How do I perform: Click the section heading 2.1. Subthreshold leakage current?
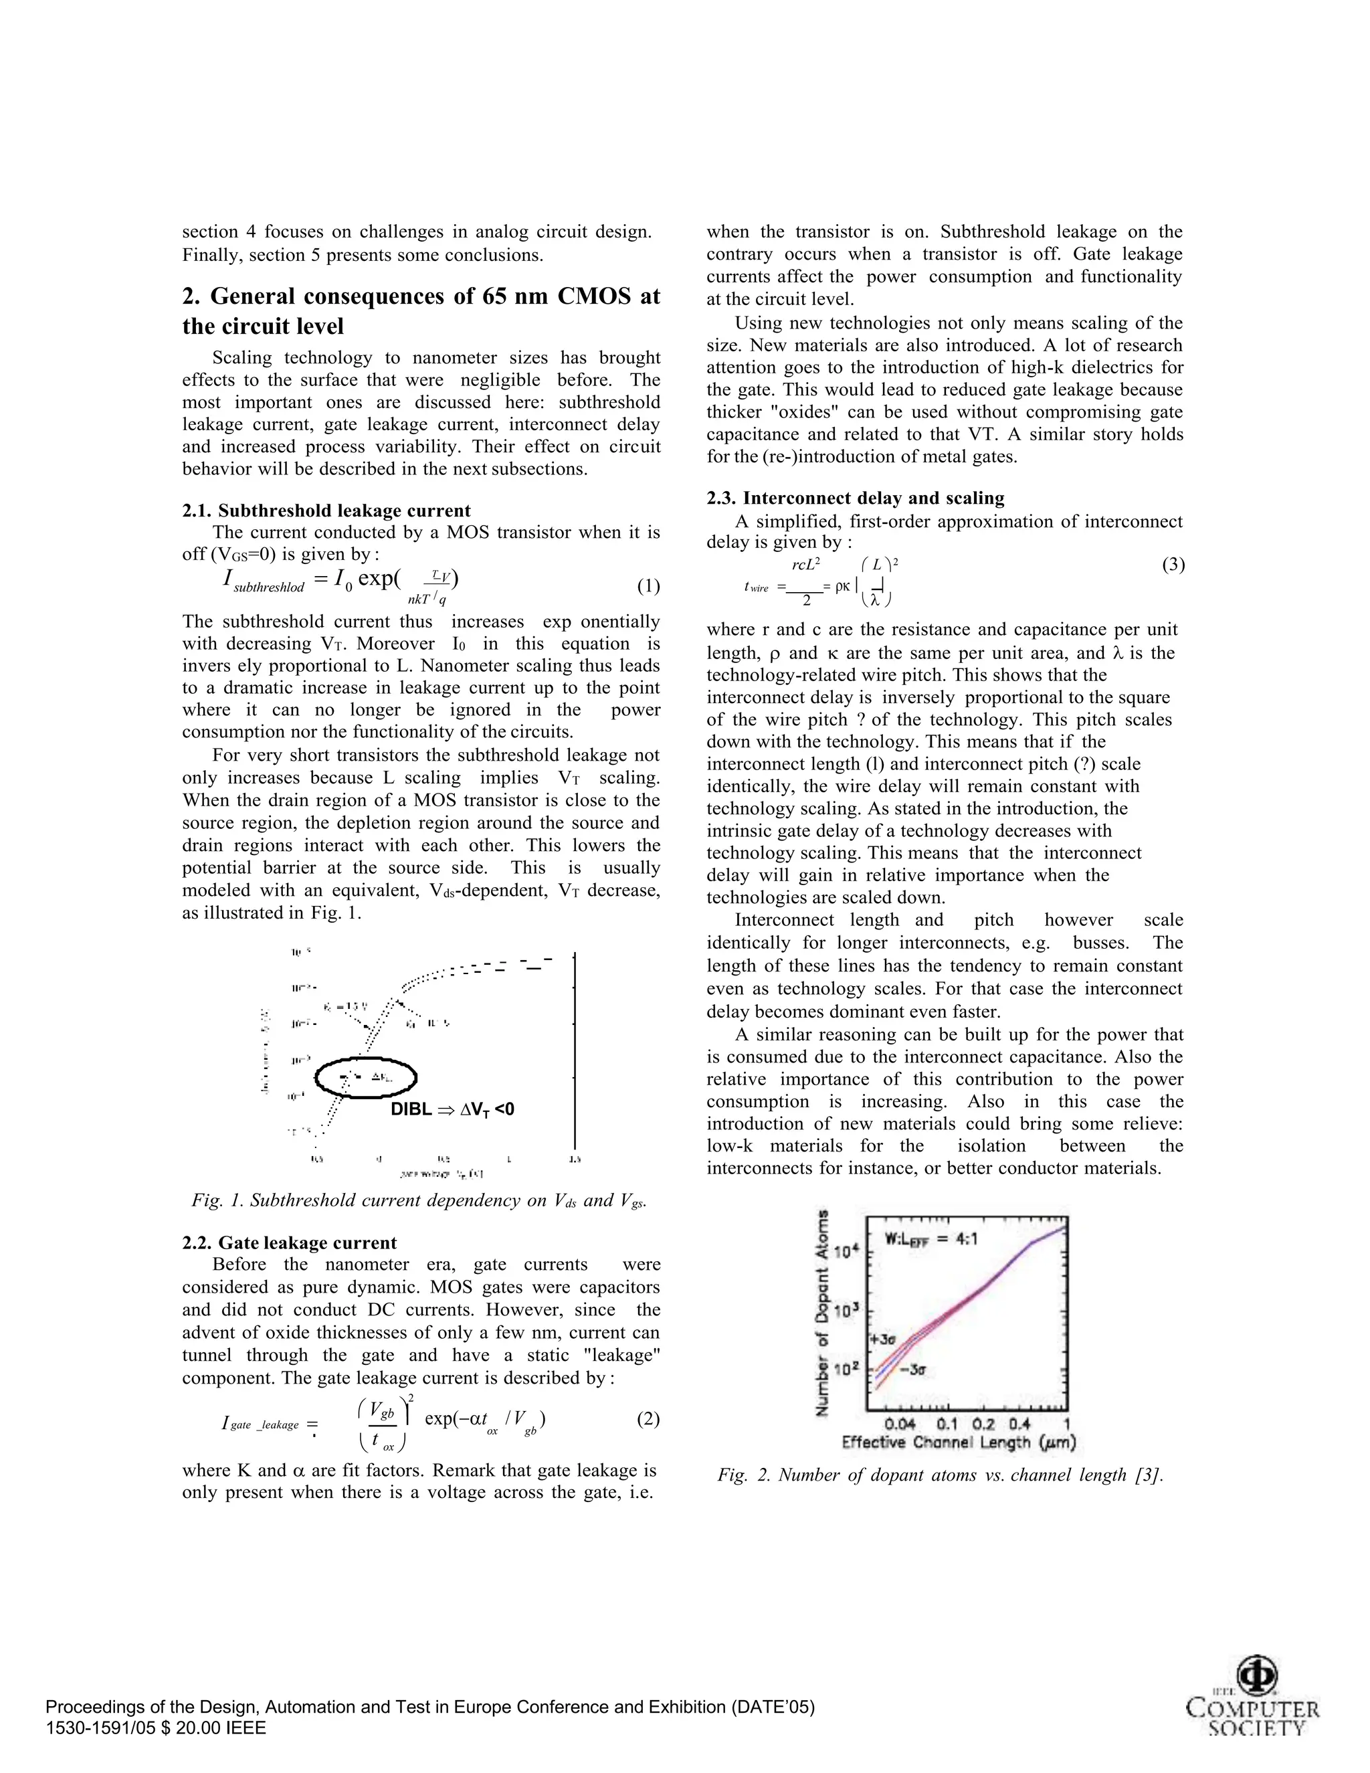(326, 510)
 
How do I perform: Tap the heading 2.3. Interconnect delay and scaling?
(856, 498)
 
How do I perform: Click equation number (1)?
(648, 585)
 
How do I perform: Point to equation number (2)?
(648, 1418)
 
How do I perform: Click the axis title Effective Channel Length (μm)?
(959, 1442)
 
